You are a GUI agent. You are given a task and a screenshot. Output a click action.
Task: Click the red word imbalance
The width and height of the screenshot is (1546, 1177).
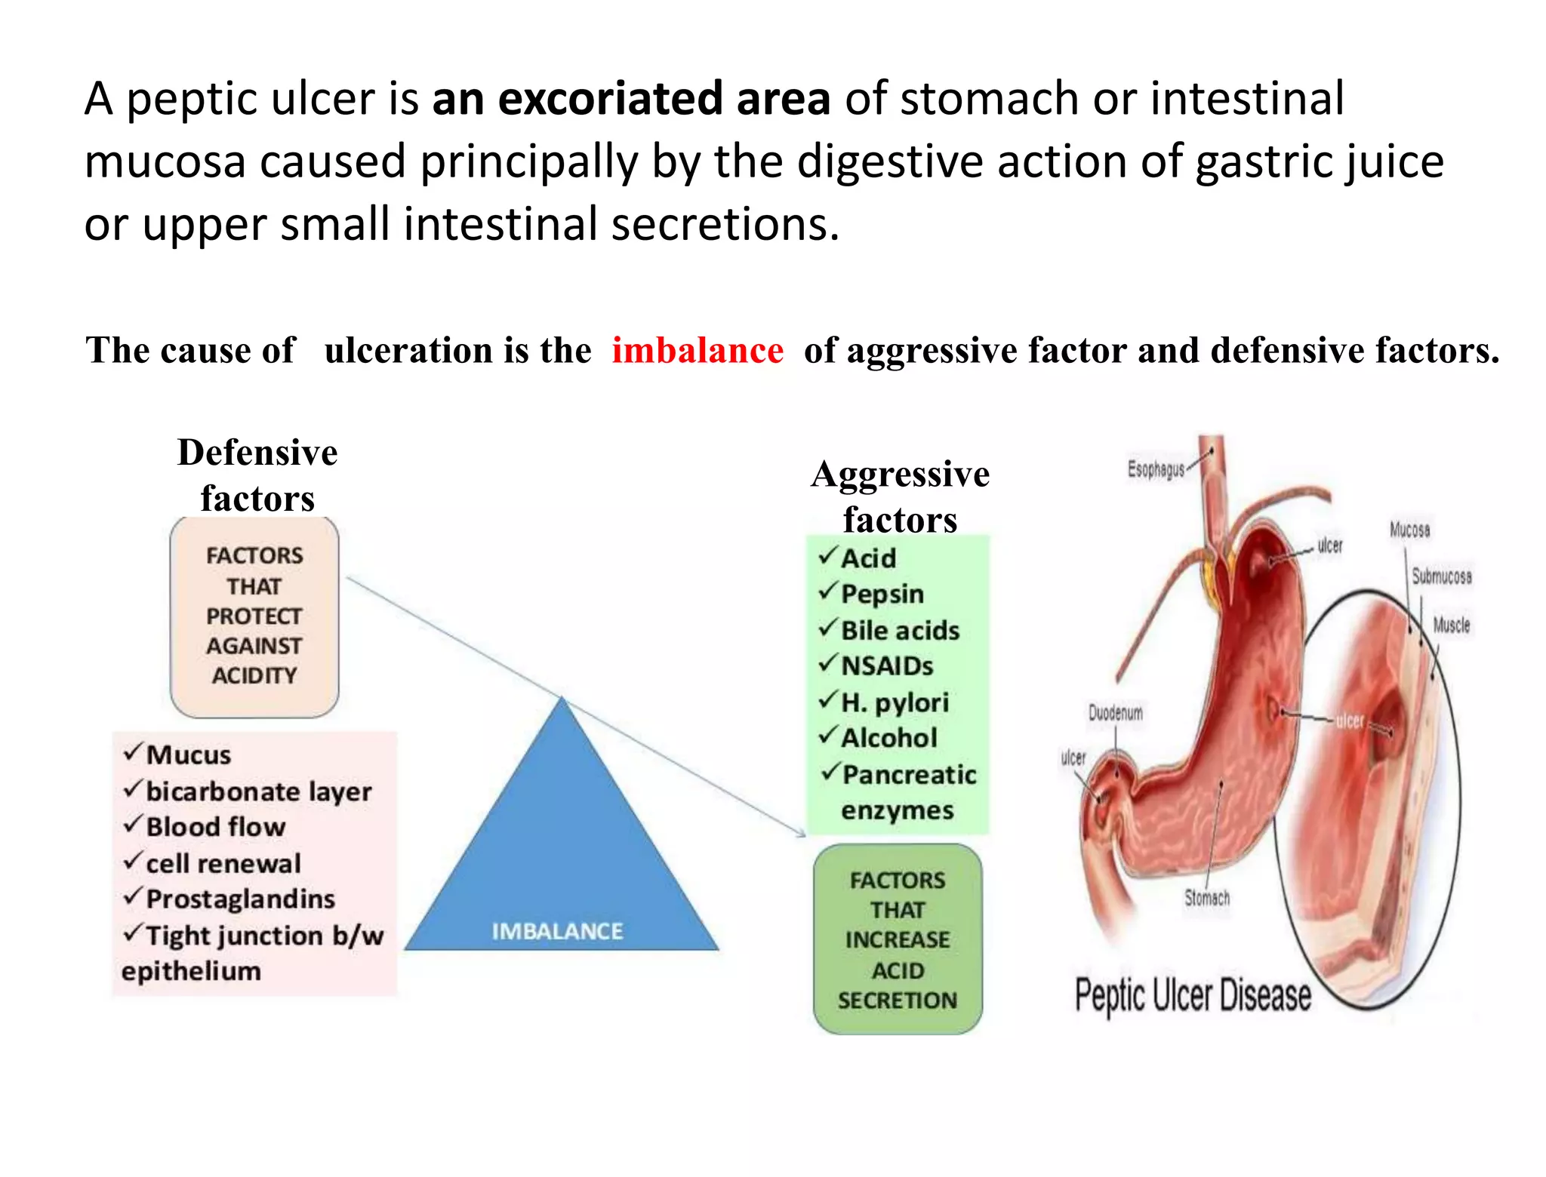(x=697, y=351)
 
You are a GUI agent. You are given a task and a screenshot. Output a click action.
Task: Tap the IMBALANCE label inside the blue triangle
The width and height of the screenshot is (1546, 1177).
(x=557, y=931)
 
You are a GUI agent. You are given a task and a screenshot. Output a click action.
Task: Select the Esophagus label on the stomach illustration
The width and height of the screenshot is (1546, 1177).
(x=1156, y=469)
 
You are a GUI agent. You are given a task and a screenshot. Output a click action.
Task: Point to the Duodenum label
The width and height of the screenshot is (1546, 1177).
(x=1115, y=713)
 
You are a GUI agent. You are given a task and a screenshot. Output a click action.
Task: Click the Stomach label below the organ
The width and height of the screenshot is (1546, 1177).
(x=1206, y=898)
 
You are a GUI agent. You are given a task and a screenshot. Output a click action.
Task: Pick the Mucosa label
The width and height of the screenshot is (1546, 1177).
(x=1409, y=530)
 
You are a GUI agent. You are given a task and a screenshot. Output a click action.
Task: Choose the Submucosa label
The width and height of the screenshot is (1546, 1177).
(x=1441, y=576)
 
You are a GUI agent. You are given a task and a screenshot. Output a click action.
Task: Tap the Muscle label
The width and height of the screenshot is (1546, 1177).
(x=1451, y=625)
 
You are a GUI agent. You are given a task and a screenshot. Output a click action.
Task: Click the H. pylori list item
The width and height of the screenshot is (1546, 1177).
(x=895, y=702)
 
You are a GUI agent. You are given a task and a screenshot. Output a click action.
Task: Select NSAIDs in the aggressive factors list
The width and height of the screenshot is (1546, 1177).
(x=887, y=666)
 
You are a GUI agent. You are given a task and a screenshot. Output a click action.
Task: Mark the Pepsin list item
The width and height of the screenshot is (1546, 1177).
(x=882, y=594)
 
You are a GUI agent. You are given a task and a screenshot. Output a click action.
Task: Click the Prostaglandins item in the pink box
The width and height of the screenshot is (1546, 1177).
(x=240, y=899)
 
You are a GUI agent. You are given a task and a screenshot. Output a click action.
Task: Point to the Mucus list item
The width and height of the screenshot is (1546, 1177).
(x=189, y=754)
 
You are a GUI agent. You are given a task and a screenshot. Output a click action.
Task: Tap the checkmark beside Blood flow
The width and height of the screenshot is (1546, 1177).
(x=133, y=824)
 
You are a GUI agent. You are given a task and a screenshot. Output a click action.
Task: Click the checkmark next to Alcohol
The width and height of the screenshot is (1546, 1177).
(x=828, y=735)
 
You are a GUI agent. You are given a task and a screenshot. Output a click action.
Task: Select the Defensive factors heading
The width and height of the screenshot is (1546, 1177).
(x=257, y=475)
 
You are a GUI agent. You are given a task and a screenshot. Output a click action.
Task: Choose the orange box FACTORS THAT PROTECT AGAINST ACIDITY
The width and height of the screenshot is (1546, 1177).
(x=254, y=616)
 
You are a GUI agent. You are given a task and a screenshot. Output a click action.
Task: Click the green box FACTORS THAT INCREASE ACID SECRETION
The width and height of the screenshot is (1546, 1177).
(x=897, y=939)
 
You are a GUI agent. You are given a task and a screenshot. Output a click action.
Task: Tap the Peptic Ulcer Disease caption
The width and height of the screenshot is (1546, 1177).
(x=1192, y=995)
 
